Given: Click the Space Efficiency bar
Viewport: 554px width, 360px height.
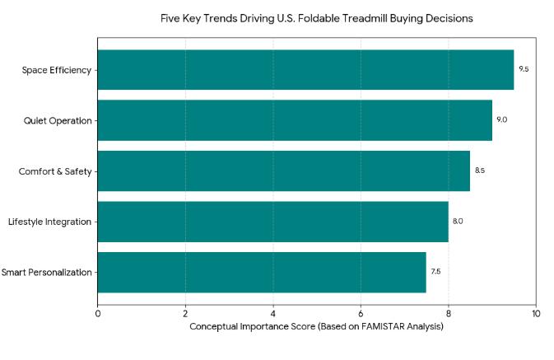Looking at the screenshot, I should click(x=305, y=70).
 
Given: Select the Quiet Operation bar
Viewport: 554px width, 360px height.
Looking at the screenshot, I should click(x=295, y=120).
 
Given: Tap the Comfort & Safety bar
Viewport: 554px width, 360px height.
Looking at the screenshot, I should click(x=283, y=171).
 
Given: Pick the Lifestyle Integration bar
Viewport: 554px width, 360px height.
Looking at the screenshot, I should click(x=272, y=222).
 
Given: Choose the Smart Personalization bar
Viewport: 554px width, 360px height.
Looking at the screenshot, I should click(x=262, y=272).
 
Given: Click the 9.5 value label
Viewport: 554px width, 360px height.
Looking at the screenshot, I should click(x=524, y=69).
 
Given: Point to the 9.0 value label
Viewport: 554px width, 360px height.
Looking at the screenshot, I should click(x=501, y=120).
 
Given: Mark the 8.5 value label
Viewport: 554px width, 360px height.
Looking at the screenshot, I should click(x=480, y=171).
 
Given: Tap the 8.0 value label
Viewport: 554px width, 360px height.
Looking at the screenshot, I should click(x=458, y=222).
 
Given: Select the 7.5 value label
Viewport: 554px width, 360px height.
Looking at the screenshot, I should click(x=435, y=272).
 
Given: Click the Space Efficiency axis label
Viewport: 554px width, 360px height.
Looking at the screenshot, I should click(x=57, y=70).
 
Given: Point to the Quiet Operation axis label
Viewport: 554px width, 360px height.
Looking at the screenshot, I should click(x=58, y=120).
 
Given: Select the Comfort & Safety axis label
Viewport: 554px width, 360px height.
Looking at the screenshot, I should click(x=55, y=171).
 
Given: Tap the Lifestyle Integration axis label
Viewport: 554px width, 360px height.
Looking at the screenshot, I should click(x=49, y=222).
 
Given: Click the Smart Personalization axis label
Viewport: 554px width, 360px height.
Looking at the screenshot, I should click(x=46, y=272).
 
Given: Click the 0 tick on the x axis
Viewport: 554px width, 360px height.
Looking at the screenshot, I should click(x=98, y=313).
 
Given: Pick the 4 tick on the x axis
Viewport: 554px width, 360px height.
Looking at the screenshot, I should click(x=273, y=313).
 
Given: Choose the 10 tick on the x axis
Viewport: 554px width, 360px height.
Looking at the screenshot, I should click(x=536, y=313).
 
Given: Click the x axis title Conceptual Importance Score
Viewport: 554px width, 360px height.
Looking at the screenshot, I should click(x=317, y=327).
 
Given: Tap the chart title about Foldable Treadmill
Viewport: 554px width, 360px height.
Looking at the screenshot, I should click(x=317, y=18).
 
